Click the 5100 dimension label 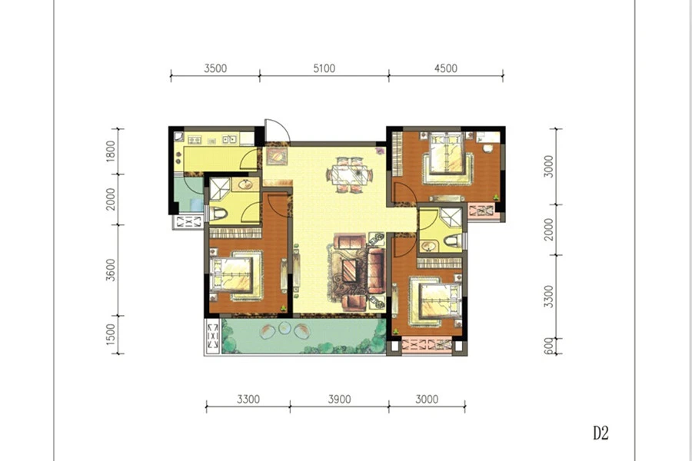coord(324,68)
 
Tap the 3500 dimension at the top coord(215,68)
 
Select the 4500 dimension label coord(446,68)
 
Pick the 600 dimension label coord(548,346)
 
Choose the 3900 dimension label coord(339,400)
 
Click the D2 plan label coord(601,433)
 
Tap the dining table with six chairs coord(350,174)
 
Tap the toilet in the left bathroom coord(218,214)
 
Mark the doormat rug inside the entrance coord(276,156)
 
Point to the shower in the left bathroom coord(219,187)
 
